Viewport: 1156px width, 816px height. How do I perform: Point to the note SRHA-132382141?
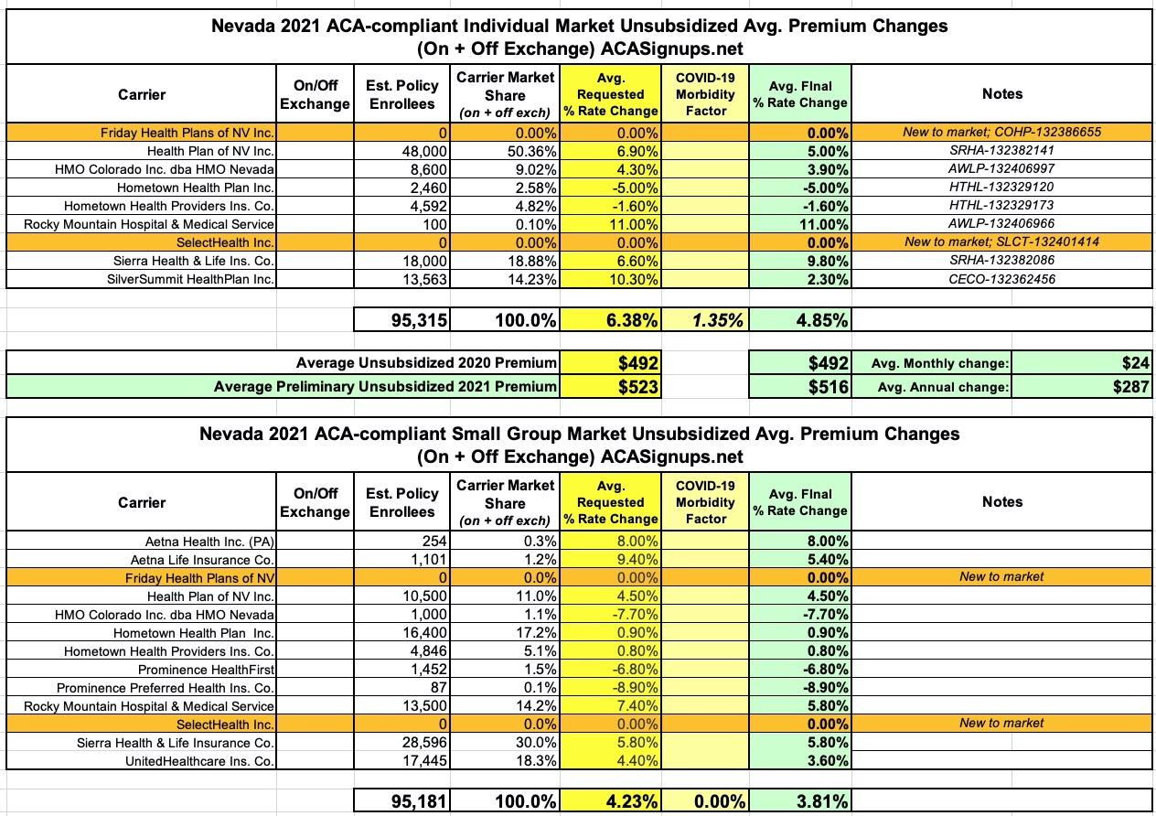[x=1001, y=151]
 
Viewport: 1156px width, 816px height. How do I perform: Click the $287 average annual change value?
[x=1130, y=387]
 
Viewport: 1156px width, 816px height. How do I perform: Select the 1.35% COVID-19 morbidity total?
[x=717, y=319]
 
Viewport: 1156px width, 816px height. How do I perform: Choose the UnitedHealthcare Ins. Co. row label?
[x=190, y=760]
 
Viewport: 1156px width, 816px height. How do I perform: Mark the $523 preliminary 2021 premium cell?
[x=637, y=387]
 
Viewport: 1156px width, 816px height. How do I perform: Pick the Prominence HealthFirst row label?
[x=207, y=669]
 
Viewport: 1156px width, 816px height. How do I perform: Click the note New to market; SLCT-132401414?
[x=1001, y=242]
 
